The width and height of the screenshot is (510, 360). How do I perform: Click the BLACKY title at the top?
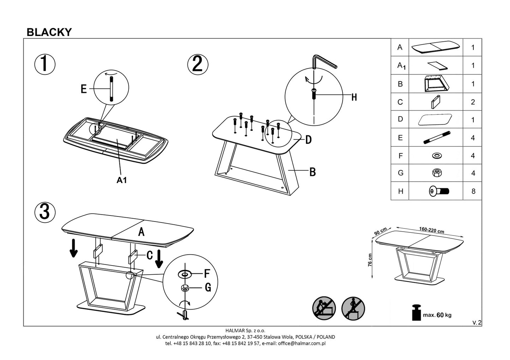point(49,32)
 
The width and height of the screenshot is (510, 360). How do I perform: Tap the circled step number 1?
point(45,64)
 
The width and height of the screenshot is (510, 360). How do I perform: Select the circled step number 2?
point(198,64)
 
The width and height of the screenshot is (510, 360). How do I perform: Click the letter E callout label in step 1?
point(84,89)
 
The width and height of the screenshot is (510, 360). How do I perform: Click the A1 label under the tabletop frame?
point(121,180)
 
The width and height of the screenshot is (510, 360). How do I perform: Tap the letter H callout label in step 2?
point(354,97)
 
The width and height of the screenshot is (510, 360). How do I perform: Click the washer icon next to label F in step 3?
point(185,273)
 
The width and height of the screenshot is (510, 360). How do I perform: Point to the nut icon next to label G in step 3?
point(184,288)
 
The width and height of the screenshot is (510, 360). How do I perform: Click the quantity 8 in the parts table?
point(473,191)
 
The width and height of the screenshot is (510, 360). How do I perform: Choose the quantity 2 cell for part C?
point(473,102)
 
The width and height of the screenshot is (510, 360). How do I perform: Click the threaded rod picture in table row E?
point(437,138)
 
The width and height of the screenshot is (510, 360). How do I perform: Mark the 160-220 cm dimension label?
point(431,230)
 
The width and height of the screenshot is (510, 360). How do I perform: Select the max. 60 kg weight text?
point(437,315)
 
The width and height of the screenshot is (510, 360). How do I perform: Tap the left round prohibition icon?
point(324,308)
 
